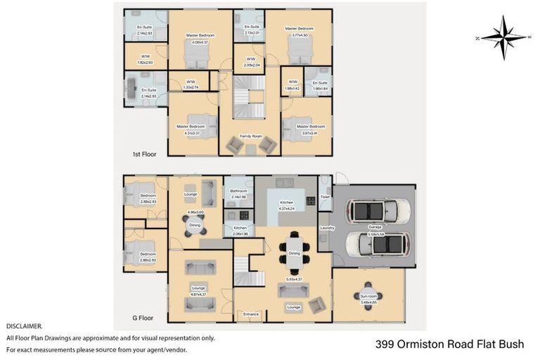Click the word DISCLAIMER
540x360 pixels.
pos(24,326)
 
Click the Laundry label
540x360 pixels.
pos(326,228)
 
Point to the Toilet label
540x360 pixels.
pos(325,197)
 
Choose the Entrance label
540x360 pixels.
pos(251,314)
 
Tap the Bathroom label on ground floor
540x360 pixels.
pos(238,191)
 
